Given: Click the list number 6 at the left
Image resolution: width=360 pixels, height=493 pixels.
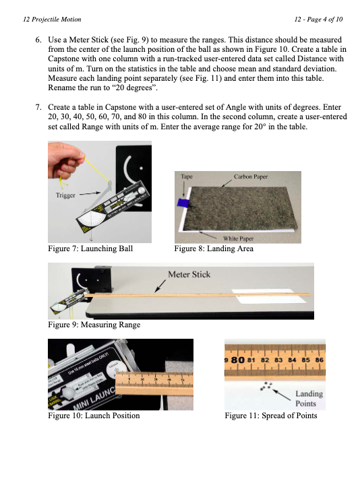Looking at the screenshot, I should [x=38, y=32].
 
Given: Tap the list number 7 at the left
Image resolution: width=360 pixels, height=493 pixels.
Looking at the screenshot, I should [x=38, y=108].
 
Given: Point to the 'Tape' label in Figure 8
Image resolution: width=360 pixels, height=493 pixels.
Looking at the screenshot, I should [x=187, y=176].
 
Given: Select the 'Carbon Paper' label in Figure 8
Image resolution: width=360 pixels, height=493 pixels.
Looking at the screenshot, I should [x=251, y=176].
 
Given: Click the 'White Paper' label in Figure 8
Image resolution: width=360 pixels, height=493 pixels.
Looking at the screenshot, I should [x=239, y=238].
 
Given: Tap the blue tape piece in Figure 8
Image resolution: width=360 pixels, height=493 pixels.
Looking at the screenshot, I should [x=181, y=202].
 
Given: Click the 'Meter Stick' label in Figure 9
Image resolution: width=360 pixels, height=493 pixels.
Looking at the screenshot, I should [x=189, y=274].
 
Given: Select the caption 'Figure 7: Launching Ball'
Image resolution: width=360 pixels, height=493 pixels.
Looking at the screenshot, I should [x=90, y=249].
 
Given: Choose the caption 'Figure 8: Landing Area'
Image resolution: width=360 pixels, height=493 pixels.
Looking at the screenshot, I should [x=214, y=249].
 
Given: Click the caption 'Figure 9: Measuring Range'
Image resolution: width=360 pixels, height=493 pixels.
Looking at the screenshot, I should [x=94, y=325].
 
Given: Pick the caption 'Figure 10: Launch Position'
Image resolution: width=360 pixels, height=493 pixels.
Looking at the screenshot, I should [x=94, y=416].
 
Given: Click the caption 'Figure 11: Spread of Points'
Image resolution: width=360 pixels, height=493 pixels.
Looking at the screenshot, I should [x=271, y=416].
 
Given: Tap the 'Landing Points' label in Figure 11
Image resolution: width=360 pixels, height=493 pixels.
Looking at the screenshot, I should [x=309, y=398].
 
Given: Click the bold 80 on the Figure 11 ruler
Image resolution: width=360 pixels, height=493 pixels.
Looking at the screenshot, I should [x=237, y=360].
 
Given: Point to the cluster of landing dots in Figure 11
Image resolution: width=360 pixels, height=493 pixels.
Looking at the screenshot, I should [x=267, y=387].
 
